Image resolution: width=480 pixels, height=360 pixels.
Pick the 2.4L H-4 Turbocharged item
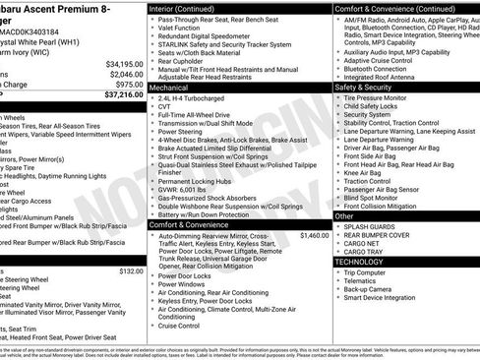(195, 101)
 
